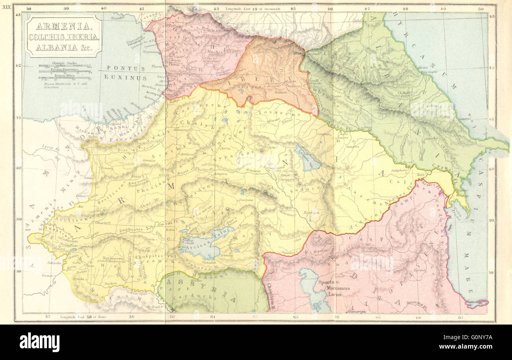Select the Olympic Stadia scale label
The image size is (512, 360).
(x=65, y=63)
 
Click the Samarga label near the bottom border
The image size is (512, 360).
(x=356, y=311)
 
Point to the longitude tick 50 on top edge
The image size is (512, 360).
(x=480, y=9)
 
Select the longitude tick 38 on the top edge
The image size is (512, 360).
(x=28, y=9)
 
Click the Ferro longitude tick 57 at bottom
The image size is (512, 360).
(x=48, y=316)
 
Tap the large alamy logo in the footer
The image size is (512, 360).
(x=39, y=342)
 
